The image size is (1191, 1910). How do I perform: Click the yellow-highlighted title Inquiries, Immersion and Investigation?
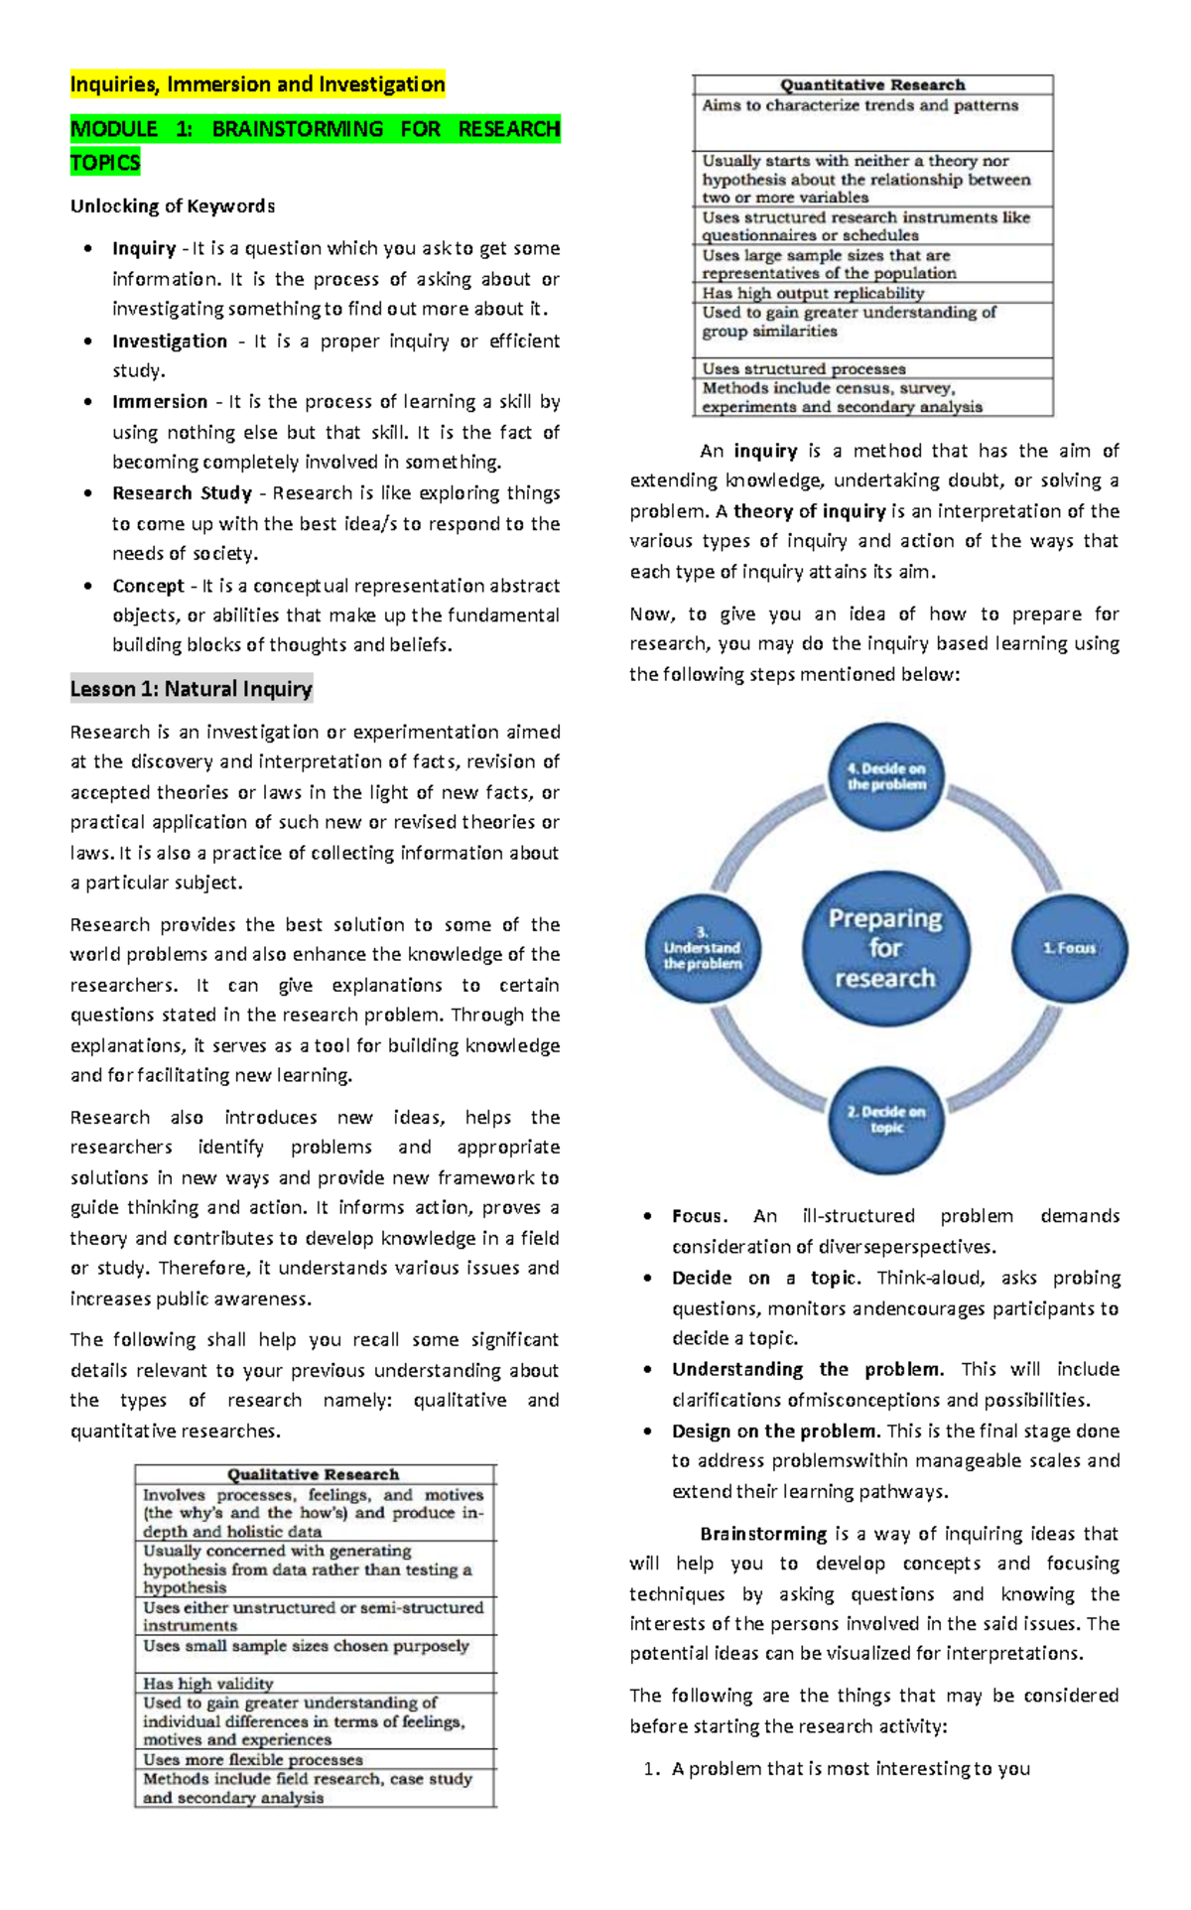pos(257,84)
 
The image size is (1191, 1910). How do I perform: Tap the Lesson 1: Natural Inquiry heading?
pos(191,689)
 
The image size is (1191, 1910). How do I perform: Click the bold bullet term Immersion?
pos(159,402)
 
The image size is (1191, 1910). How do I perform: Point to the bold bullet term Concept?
pos(148,586)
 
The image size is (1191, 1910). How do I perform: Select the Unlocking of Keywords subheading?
pos(172,206)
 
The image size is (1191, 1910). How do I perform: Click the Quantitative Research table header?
pos(871,85)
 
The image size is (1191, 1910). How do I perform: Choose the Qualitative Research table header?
pos(313,1475)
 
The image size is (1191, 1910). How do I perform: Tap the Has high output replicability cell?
pos(813,293)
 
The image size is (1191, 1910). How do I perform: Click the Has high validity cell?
pos(207,1684)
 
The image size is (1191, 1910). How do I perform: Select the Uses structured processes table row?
pos(803,368)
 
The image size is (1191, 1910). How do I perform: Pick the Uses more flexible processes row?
pos(252,1759)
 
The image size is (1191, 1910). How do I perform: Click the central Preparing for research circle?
pos(884,948)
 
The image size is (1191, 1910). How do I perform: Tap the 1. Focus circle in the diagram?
pos(1069,948)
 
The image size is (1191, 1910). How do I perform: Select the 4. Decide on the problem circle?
pos(885,776)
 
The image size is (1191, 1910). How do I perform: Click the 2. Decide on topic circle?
pos(885,1119)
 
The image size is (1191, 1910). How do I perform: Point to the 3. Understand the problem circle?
pos(703,948)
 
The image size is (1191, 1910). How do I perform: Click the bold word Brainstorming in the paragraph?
pos(762,1534)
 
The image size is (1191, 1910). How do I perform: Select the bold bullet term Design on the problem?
pos(775,1432)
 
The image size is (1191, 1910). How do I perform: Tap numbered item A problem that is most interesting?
pos(851,1768)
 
